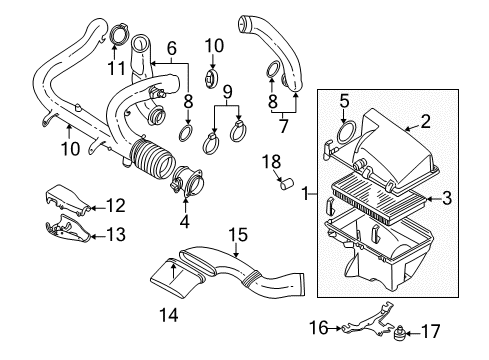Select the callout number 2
425,122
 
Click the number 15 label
172,48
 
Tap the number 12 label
116,207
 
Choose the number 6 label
172,48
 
